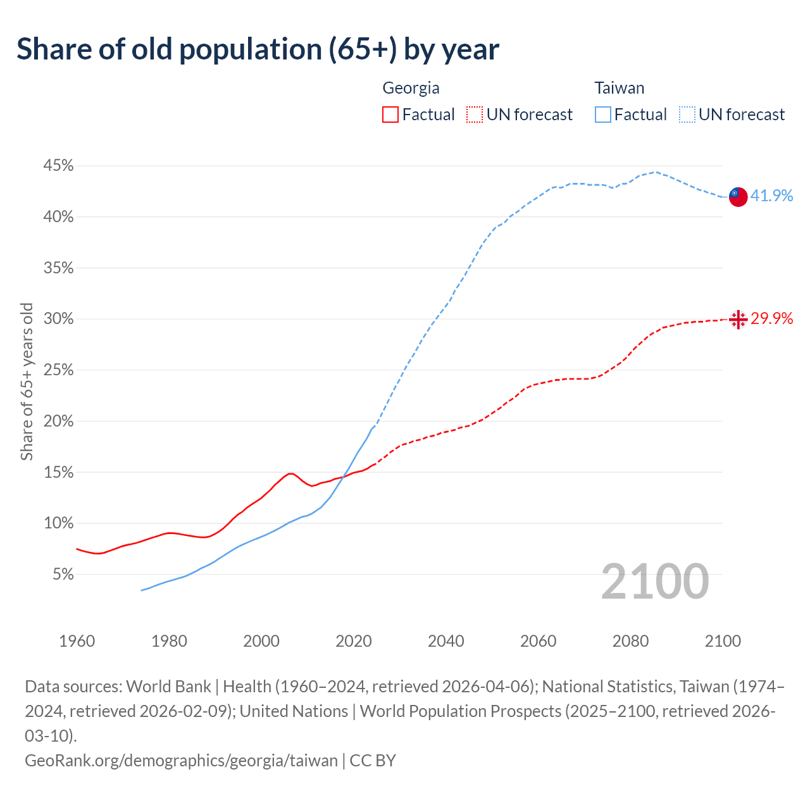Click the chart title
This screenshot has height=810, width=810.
(x=258, y=49)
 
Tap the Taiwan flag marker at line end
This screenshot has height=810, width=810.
(x=738, y=197)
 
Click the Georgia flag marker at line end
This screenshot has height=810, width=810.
(x=738, y=320)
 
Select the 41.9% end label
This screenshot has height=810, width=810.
(x=771, y=196)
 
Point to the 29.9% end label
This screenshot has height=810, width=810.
(x=771, y=318)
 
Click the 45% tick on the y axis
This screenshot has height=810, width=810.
(x=58, y=166)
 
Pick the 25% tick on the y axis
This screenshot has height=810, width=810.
(x=58, y=370)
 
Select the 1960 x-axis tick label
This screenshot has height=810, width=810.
(x=77, y=641)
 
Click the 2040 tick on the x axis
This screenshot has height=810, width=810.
(x=446, y=641)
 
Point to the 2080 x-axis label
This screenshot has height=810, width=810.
(x=630, y=641)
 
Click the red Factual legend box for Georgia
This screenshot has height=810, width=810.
(x=390, y=115)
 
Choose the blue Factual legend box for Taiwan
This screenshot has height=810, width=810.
(x=603, y=115)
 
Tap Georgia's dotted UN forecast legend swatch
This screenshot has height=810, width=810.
(x=475, y=115)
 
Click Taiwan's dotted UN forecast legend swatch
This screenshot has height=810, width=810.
(x=687, y=115)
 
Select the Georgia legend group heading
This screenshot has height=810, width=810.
(x=411, y=88)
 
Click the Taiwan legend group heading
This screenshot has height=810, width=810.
(x=619, y=88)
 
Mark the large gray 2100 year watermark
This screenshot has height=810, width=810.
(x=654, y=581)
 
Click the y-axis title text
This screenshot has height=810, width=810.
(x=27, y=382)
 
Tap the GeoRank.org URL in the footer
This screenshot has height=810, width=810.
(x=181, y=760)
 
